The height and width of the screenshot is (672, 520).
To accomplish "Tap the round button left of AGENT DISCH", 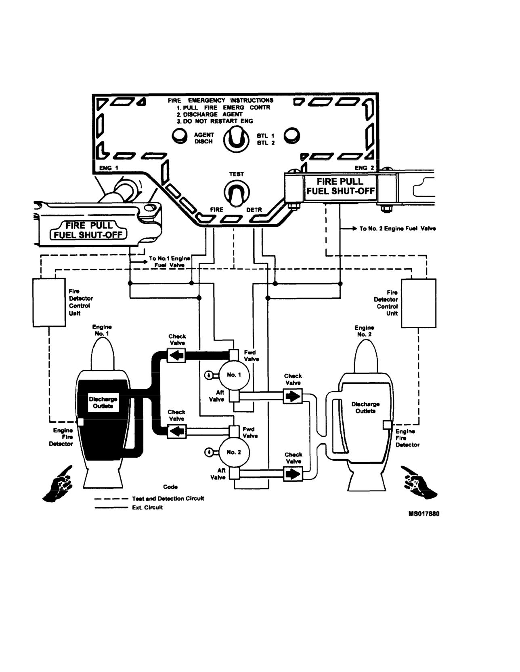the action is [180, 136].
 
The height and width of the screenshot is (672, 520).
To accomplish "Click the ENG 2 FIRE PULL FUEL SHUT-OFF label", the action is [340, 186].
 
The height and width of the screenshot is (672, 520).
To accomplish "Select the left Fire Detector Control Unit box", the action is [49, 302].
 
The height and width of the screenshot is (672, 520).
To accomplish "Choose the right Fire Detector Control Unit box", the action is [419, 303].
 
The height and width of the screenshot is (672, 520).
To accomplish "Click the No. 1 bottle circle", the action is [234, 375].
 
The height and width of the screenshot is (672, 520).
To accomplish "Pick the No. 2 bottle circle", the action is [234, 453].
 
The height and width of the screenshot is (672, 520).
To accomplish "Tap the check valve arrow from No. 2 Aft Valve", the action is [293, 474].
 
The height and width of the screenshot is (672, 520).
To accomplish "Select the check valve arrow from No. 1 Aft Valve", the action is [293, 396].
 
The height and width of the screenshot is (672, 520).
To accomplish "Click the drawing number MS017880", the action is [424, 514].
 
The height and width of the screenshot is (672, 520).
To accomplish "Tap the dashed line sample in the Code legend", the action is [111, 499].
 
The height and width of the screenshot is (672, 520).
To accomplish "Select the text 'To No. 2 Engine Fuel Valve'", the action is [398, 229].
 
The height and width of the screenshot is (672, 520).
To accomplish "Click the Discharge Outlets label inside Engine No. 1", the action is [103, 402].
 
